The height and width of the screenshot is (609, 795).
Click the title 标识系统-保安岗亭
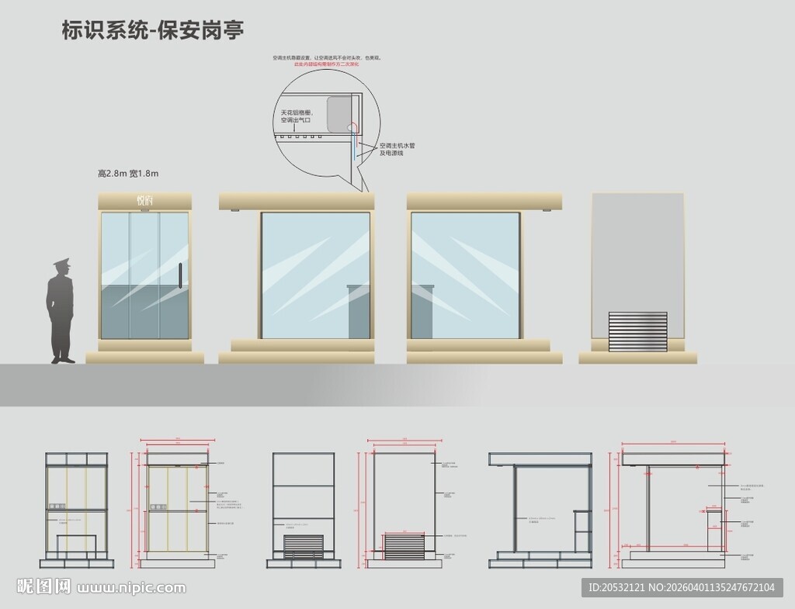pos(153,31)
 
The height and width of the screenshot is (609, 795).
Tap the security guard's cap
pos(61,265)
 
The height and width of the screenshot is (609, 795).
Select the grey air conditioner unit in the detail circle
pos(340,113)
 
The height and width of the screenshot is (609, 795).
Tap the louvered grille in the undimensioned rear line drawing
pos(304,547)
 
